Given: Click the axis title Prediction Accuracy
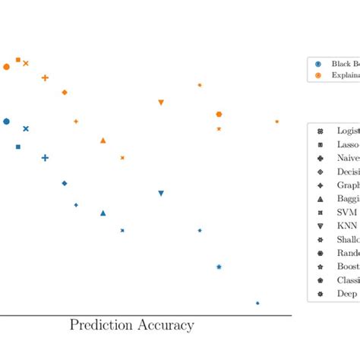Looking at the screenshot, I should [131, 326].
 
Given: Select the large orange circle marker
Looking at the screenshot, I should [7, 67].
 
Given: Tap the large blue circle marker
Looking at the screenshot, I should [7, 122].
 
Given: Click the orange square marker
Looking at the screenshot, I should [18, 59].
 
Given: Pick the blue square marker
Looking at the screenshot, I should [18, 147].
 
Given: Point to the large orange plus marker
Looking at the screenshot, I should [45, 77].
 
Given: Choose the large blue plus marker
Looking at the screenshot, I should [45, 158].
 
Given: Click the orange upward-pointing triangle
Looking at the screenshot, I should [103, 141].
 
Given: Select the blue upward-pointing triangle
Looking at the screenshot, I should [103, 213].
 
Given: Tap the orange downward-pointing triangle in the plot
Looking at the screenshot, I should [161, 103].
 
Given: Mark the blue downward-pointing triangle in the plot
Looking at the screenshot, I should [161, 194].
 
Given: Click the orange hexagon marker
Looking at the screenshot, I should [219, 114].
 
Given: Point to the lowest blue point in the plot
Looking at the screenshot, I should [257, 303].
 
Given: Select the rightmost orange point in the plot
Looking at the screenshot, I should [277, 122].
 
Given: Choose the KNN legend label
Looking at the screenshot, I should [347, 226].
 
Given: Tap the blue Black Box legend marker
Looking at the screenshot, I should [318, 64].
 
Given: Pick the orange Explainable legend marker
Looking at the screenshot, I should [318, 76].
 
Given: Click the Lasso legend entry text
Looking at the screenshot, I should [348, 144].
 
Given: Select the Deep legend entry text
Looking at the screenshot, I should [347, 293].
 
